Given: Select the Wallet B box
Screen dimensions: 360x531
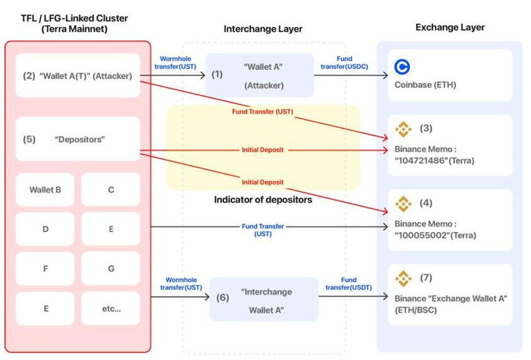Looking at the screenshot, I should point(46,190).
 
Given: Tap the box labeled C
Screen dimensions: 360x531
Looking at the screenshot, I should point(111,190).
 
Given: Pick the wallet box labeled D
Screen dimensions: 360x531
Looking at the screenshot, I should point(46,229).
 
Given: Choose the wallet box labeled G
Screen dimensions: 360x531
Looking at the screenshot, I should point(111,269).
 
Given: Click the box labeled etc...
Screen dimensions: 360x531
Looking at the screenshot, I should point(111,308).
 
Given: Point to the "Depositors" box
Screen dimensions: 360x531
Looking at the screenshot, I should point(78,139).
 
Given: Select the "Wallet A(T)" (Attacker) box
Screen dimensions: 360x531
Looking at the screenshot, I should point(78,76).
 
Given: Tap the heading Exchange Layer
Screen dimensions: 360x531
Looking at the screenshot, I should point(450,27).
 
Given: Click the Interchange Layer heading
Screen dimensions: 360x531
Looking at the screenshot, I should point(263,29).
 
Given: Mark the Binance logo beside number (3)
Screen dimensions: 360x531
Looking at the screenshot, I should point(404,129).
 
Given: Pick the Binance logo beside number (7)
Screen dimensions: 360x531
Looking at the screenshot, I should point(404,278).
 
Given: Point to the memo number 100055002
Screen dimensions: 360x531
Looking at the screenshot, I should point(422,235).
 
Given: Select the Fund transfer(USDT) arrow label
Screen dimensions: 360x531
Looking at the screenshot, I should point(349,284).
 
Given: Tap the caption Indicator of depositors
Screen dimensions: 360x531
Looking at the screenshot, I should point(263,199).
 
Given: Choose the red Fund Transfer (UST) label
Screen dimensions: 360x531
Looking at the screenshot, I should point(262,111).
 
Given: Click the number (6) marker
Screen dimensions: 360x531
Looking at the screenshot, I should point(222,297).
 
